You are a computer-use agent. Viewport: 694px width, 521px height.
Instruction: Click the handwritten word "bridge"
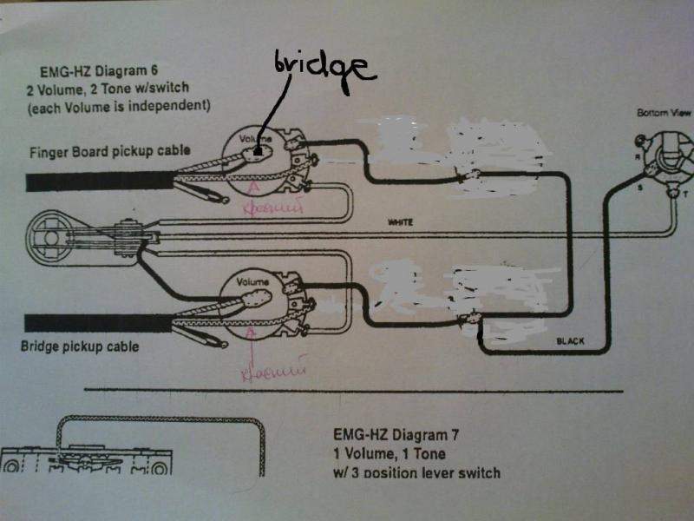point(322,68)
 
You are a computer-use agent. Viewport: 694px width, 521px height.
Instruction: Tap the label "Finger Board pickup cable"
point(109,149)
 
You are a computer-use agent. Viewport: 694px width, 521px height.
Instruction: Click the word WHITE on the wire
point(401,223)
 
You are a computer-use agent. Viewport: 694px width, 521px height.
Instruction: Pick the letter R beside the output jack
point(638,157)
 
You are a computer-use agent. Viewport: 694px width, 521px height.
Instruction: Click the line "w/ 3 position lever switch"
point(416,472)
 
